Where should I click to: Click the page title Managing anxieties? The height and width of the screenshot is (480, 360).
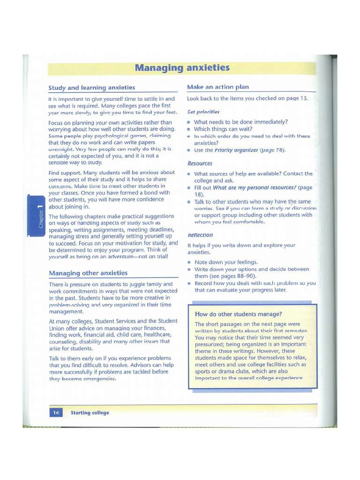coord(182,68)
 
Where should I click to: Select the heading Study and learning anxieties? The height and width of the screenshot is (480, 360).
coord(92,88)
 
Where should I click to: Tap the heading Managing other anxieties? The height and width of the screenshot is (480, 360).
coord(88,273)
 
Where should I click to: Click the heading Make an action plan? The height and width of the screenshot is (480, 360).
coord(218,87)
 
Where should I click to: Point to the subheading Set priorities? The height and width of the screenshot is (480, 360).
coord(203,112)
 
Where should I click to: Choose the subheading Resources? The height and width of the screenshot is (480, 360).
coord(200,164)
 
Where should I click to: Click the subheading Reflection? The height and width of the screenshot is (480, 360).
coord(200,235)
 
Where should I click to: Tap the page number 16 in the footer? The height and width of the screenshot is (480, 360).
coord(56,412)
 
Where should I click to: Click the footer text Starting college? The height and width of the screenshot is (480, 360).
coord(90,412)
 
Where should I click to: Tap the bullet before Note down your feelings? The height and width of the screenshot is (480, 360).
coord(189,262)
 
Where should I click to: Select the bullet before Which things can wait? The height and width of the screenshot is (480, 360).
coord(189,129)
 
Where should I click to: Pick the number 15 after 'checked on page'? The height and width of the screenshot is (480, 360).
coord(303,99)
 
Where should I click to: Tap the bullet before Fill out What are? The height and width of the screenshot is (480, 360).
coord(189,187)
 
